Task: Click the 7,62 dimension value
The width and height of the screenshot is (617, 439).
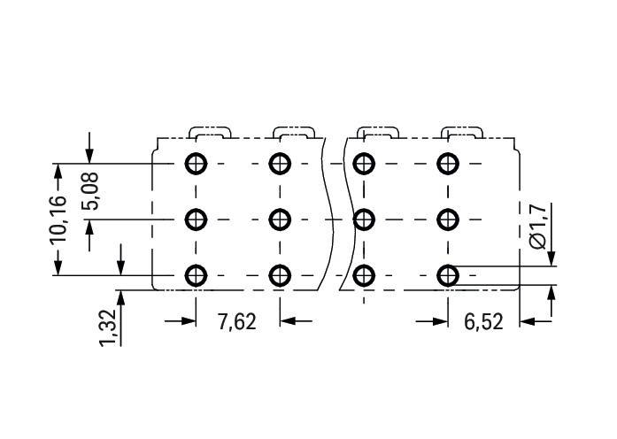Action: (x=237, y=322)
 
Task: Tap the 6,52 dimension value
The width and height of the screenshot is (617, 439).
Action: (x=483, y=322)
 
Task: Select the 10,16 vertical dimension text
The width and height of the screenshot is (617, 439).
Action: (x=58, y=219)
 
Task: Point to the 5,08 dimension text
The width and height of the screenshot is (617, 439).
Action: (x=89, y=191)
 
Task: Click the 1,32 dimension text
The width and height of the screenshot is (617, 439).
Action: (x=108, y=328)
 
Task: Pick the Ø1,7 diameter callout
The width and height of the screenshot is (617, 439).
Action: (x=537, y=227)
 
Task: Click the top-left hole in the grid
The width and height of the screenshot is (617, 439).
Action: (x=196, y=163)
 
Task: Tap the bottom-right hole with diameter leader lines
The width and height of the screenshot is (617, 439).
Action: (x=448, y=275)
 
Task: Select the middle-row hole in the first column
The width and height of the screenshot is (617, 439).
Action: (x=196, y=219)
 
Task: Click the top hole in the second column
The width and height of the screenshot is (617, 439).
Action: (x=280, y=163)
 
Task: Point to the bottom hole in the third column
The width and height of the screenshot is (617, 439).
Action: (x=364, y=275)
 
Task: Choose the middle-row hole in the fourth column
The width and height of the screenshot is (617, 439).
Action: (x=448, y=219)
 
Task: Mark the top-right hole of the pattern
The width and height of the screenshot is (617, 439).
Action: (x=448, y=163)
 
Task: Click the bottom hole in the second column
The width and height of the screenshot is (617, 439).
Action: (x=280, y=275)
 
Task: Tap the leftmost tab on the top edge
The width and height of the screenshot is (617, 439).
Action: (x=210, y=127)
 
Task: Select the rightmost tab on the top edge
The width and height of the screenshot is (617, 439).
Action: (x=462, y=127)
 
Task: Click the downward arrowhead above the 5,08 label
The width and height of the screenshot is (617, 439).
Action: (x=89, y=156)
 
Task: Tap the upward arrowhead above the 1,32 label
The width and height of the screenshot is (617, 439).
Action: (x=120, y=297)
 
